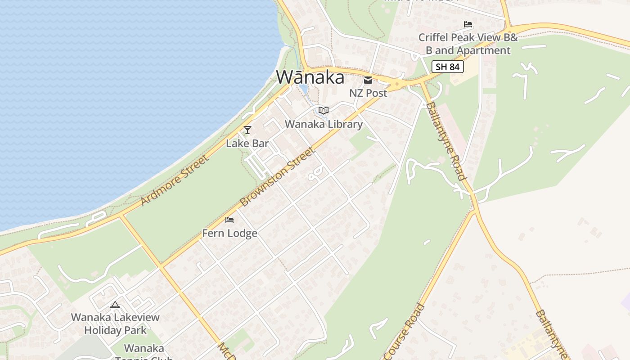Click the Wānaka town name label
(x=310, y=77)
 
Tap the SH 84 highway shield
(x=447, y=67)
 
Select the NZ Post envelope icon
(x=368, y=81)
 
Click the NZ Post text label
(x=368, y=93)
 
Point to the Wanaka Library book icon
(x=324, y=110)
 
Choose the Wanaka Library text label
(x=324, y=124)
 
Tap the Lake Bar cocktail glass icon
(x=247, y=130)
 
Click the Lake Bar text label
(x=247, y=144)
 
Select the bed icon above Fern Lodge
(x=229, y=220)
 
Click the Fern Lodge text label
(x=229, y=233)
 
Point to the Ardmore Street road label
(x=175, y=180)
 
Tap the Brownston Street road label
(x=277, y=177)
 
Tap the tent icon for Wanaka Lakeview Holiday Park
(x=115, y=305)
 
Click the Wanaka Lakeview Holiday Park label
(x=115, y=324)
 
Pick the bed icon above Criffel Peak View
(x=468, y=24)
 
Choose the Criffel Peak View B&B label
(x=468, y=44)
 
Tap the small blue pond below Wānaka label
(x=303, y=89)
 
